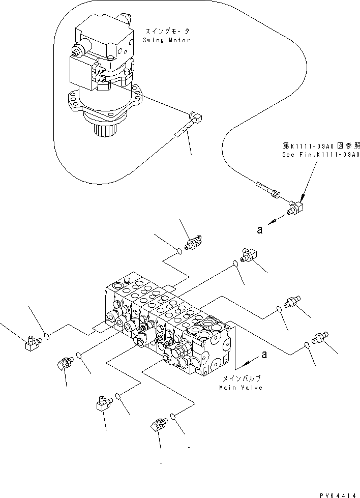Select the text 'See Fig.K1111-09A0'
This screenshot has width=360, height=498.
(x=321, y=155)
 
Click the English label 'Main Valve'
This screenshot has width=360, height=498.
(x=241, y=388)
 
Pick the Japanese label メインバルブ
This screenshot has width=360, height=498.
(x=241, y=379)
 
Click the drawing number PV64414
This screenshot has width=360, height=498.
(x=338, y=493)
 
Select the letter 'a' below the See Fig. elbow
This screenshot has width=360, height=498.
(x=260, y=230)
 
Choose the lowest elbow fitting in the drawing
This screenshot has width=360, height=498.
(x=158, y=424)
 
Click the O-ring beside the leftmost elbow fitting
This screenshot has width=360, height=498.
(x=47, y=336)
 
